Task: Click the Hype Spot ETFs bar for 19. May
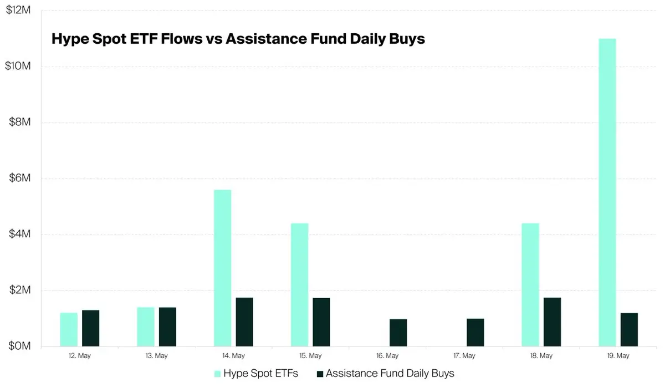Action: pyautogui.click(x=607, y=192)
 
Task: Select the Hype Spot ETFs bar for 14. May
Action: pyautogui.click(x=223, y=268)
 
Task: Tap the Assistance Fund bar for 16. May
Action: pyautogui.click(x=398, y=333)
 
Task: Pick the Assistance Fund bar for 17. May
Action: pyautogui.click(x=475, y=333)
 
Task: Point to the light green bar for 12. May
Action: pyautogui.click(x=69, y=329)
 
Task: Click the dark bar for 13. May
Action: pyautogui.click(x=167, y=327)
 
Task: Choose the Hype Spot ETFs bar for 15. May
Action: pyautogui.click(x=300, y=285)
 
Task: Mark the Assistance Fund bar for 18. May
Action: pyautogui.click(x=552, y=322)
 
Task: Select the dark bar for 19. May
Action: pyautogui.click(x=629, y=329)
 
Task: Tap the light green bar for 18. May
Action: pyautogui.click(x=530, y=285)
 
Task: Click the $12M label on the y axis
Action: pyautogui.click(x=18, y=10)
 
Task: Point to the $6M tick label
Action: pyautogui.click(x=19, y=178)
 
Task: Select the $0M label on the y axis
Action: pyautogui.click(x=19, y=346)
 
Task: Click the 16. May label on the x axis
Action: pyautogui.click(x=387, y=356)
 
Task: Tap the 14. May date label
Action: pyautogui.click(x=233, y=356)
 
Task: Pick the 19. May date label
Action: pyautogui.click(x=618, y=356)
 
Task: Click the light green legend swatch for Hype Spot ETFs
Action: pyautogui.click(x=217, y=374)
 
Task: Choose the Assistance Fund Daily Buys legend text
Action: pyautogui.click(x=390, y=374)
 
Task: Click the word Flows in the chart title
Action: pyautogui.click(x=182, y=39)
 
